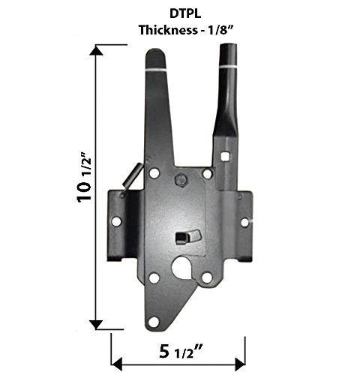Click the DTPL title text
click(x=185, y=13)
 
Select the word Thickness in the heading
click(x=168, y=30)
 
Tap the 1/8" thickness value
click(x=220, y=30)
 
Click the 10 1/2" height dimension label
click(x=84, y=177)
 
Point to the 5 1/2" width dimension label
click(x=181, y=352)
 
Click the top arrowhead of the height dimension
click(x=96, y=51)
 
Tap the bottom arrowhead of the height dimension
click(x=96, y=324)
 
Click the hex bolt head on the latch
click(x=181, y=180)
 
